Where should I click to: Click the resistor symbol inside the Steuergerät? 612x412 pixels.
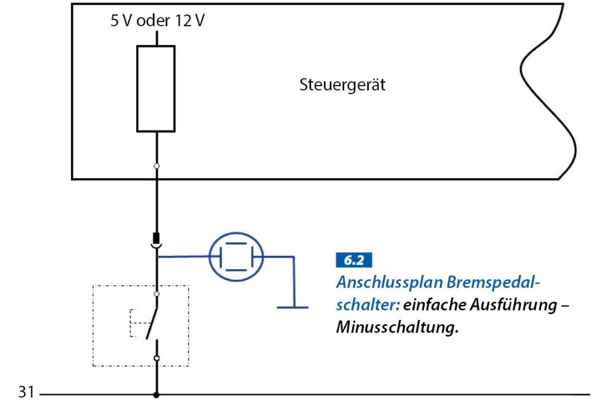(x=156, y=88)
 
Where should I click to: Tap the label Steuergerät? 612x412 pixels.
(x=342, y=85)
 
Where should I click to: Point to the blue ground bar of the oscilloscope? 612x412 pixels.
(x=293, y=307)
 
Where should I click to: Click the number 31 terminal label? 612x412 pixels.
(x=24, y=394)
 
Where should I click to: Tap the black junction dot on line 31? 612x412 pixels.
(x=157, y=395)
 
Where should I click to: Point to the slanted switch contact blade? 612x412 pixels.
(x=153, y=316)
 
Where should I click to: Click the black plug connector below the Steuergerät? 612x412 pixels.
(x=156, y=238)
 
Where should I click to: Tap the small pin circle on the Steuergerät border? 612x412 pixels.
(x=157, y=166)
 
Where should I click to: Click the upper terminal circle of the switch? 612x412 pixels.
(x=157, y=294)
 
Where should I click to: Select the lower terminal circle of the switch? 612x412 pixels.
(x=157, y=358)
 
